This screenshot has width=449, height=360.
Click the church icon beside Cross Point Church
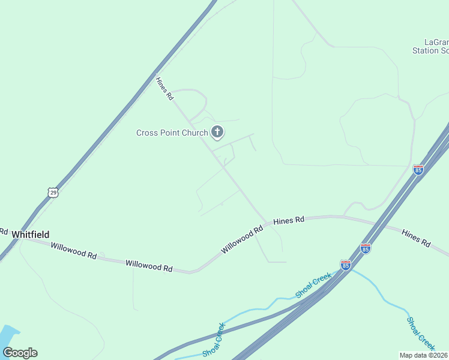pos(217,132)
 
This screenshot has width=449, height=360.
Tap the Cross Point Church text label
pos(172,133)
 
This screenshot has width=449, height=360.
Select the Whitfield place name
pos(29,235)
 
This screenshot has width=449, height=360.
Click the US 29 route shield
pos(53,193)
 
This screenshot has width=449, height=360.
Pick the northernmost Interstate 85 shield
pos(418,170)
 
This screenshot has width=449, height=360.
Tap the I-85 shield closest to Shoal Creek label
pos(345,265)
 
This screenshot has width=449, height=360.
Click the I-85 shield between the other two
pos(366,248)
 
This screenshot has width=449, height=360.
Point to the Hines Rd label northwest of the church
pos(164,88)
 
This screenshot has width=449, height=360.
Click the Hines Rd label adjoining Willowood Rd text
pos(289,221)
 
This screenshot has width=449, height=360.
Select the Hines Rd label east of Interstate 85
pos(416,239)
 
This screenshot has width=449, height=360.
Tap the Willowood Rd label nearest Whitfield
pos(73,251)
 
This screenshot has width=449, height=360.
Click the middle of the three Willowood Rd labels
pos(149,265)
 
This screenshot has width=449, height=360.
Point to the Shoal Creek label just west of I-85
pos(313,285)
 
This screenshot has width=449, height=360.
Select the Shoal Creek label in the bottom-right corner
pos(421,333)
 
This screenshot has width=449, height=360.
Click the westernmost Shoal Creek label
pos(214,340)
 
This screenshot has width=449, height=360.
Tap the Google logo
pos(20,353)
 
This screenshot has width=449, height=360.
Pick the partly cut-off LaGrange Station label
pos(430,46)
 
